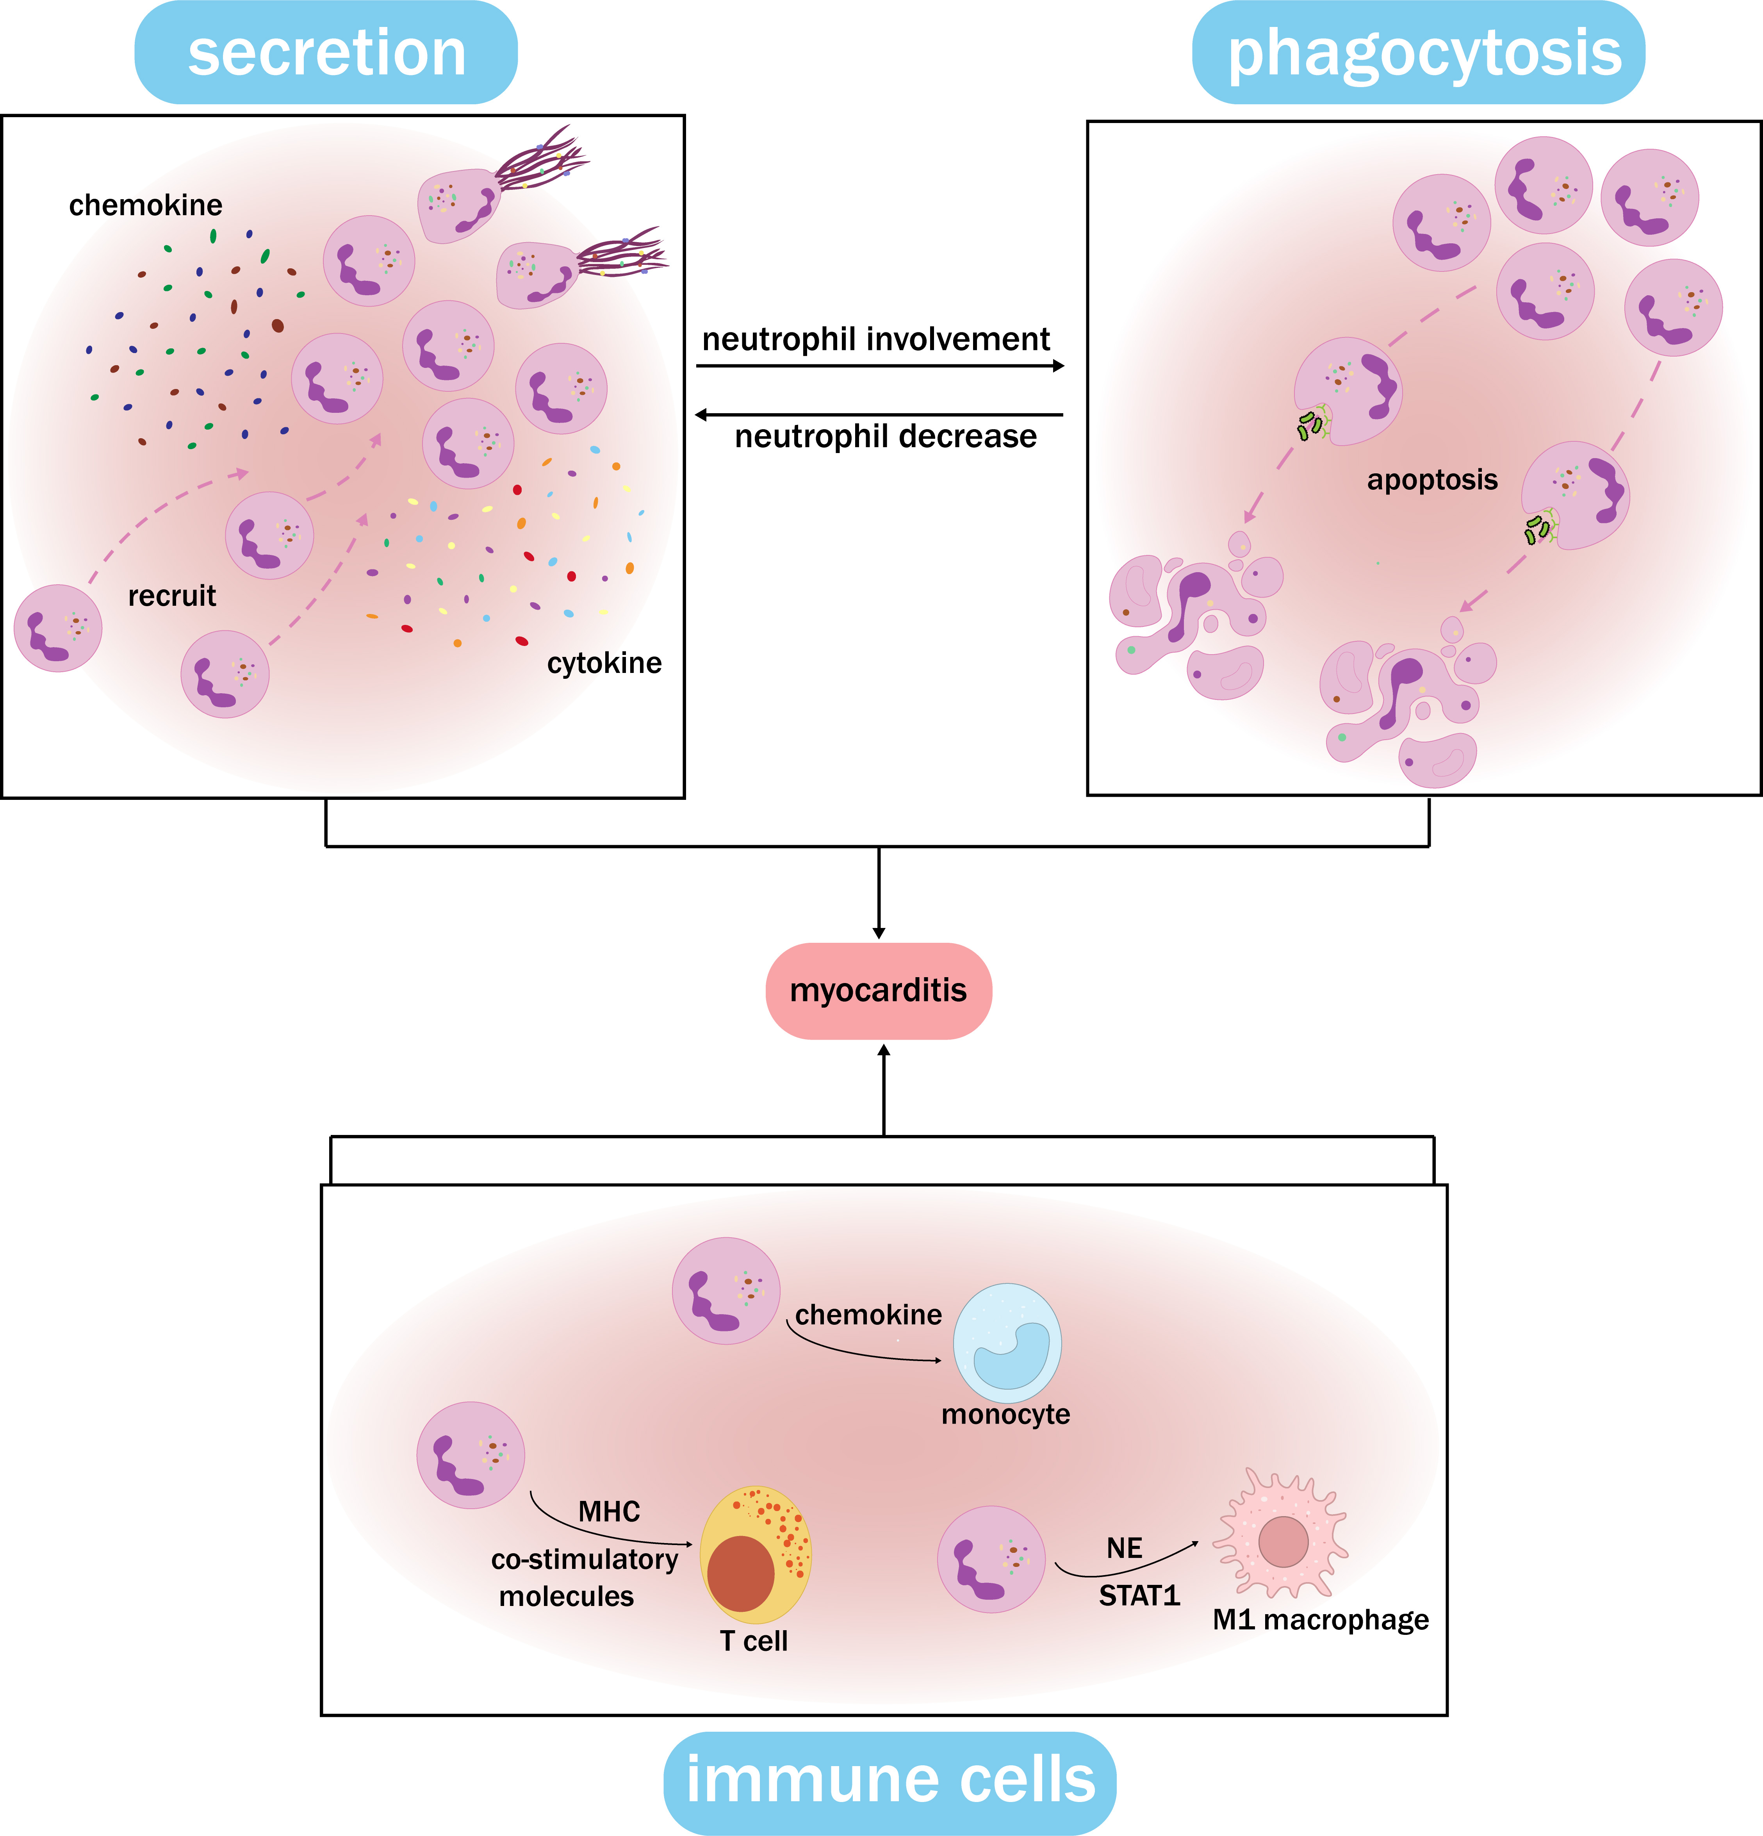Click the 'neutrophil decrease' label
click(885, 437)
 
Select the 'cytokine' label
click(604, 663)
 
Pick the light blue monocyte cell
click(1007, 1342)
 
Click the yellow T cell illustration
click(755, 1555)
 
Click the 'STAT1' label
click(1139, 1595)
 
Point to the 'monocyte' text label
click(1005, 1413)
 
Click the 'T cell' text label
click(753, 1641)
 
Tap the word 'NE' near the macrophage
click(1124, 1549)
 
